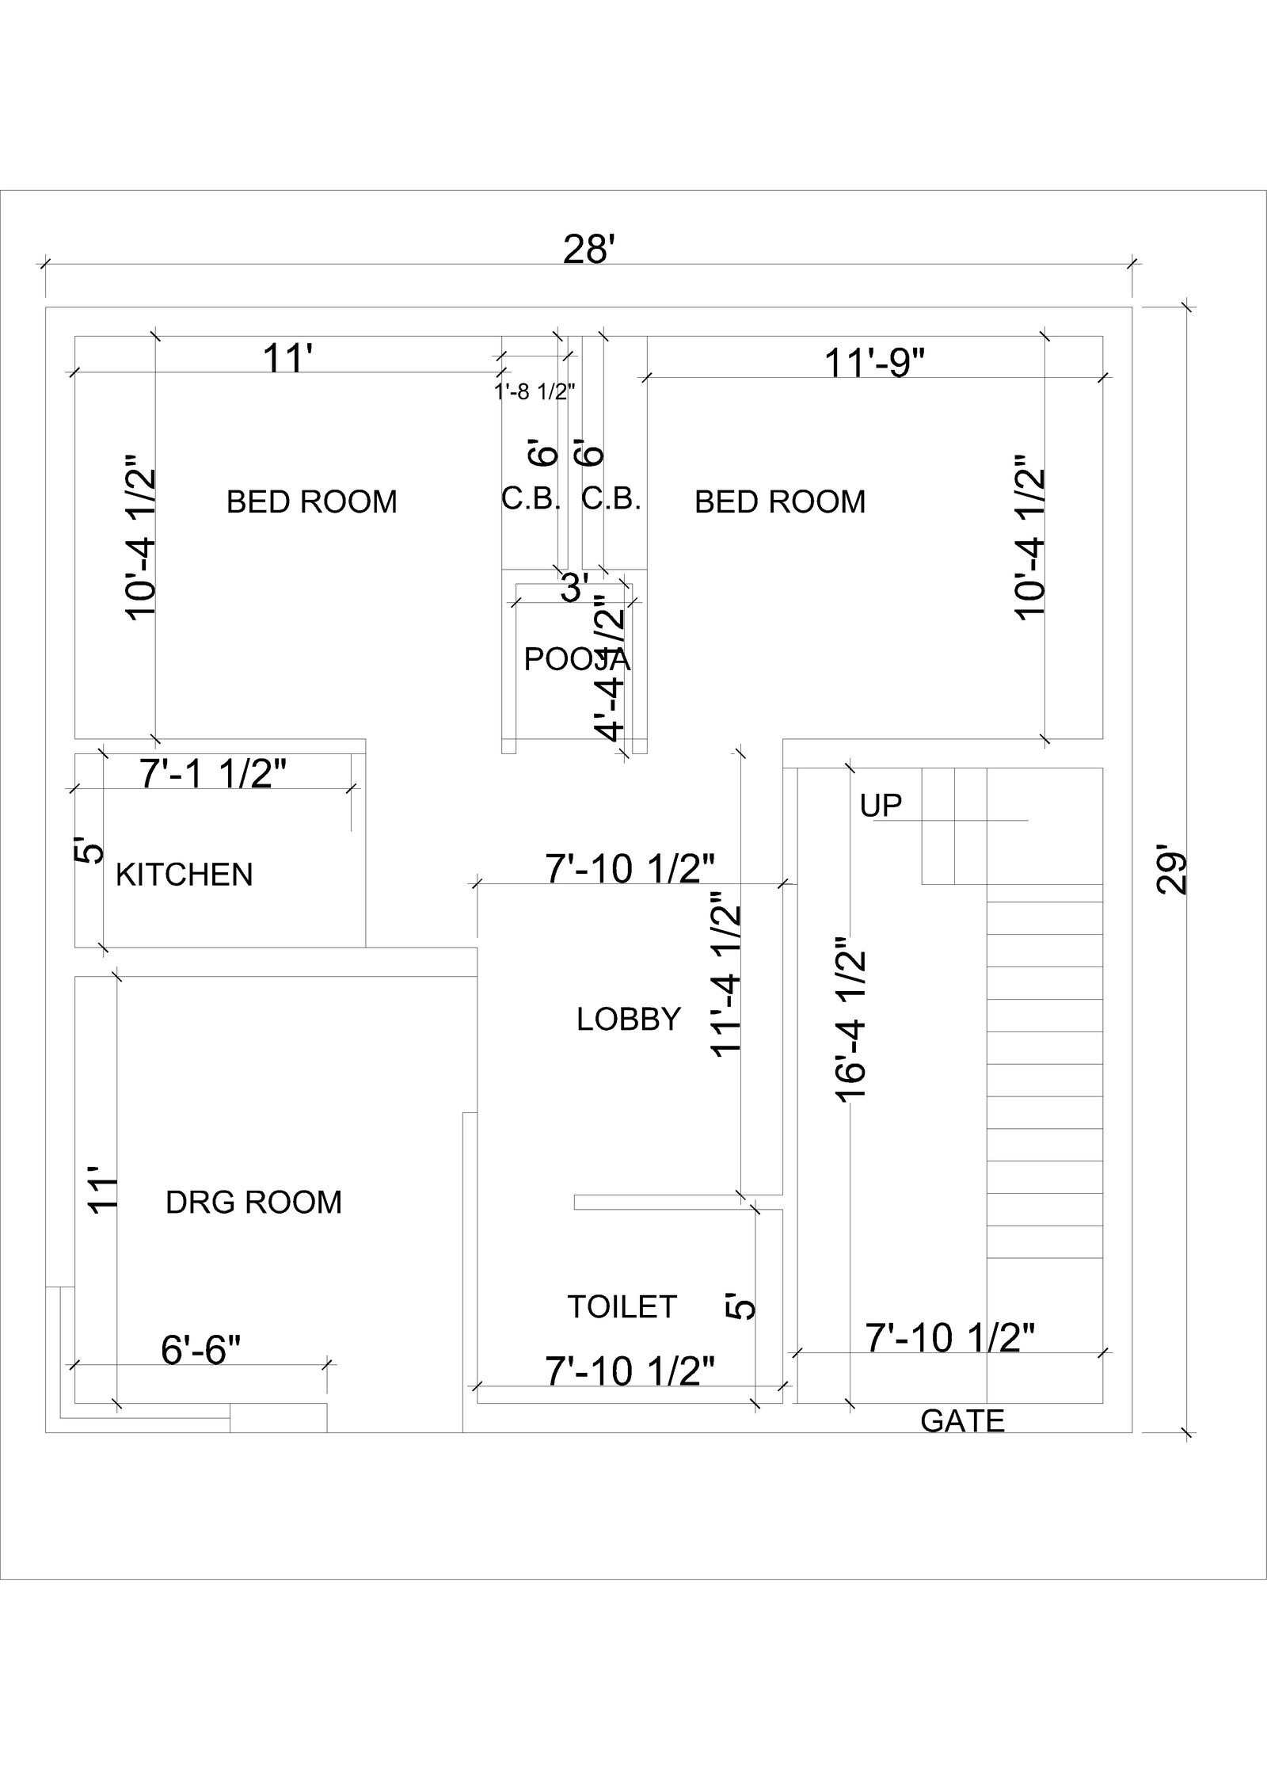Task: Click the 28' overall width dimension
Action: click(589, 250)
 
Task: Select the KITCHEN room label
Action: click(184, 875)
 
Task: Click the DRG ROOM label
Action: click(253, 1202)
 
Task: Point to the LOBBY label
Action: click(629, 1019)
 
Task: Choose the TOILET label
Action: click(622, 1306)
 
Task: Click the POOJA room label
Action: click(576, 659)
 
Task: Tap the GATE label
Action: click(962, 1420)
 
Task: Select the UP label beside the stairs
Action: click(881, 806)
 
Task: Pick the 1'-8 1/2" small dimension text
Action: click(535, 391)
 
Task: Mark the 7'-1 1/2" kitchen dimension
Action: click(213, 774)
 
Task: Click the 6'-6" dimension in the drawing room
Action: click(200, 1350)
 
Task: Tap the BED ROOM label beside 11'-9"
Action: click(780, 501)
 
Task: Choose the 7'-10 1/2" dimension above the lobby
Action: click(630, 869)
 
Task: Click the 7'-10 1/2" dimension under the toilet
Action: click(630, 1371)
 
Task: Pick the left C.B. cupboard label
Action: click(531, 499)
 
